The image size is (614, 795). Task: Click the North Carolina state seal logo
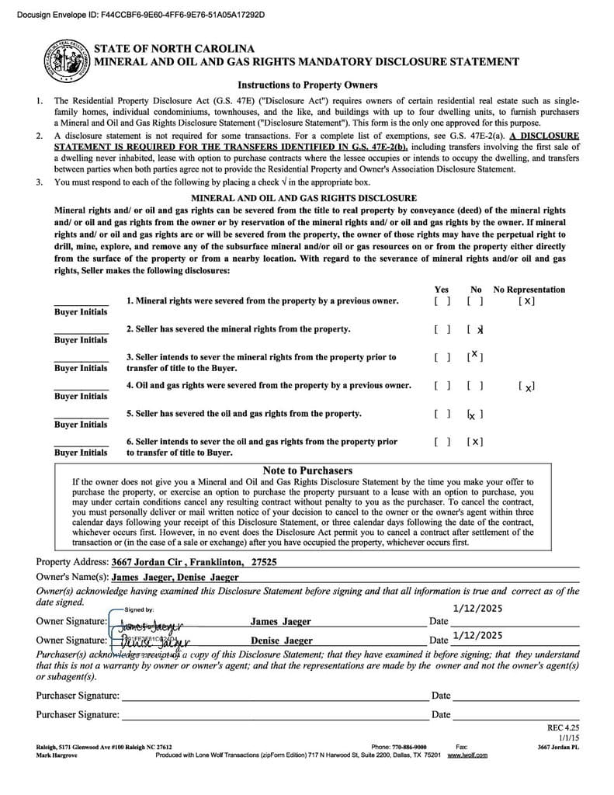67,61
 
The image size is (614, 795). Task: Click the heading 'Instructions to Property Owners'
307,85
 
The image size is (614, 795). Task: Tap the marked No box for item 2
476,329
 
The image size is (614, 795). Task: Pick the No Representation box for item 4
526,386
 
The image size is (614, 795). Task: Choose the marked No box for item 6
476,442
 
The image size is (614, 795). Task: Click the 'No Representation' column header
529,290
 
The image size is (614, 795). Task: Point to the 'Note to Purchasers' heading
307,470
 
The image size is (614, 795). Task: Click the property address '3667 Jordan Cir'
145,562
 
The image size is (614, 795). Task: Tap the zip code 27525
263,562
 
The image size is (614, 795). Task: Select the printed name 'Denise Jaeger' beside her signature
281,641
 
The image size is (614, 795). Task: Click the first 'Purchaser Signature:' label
78,696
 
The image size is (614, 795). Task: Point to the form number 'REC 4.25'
564,728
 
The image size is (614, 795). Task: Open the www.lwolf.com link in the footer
467,755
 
